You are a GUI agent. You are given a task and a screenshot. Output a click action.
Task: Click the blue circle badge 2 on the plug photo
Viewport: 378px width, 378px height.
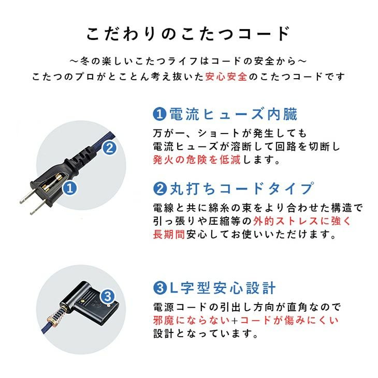coord(109,149)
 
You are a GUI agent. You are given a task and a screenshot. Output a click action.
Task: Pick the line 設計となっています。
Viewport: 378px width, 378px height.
coord(205,335)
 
